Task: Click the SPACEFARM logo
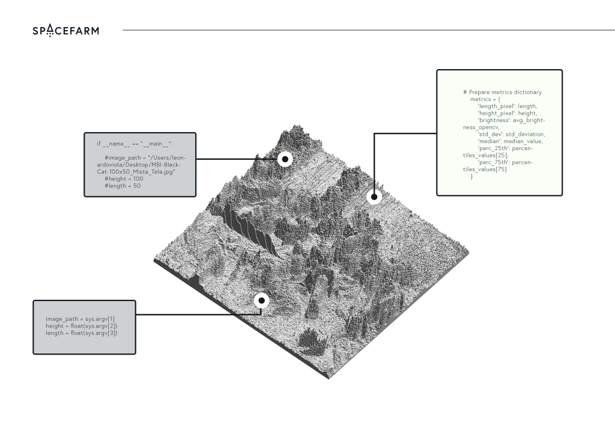pyautogui.click(x=66, y=30)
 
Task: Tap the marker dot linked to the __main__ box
pyautogui.click(x=285, y=159)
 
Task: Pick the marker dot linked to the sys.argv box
pyautogui.click(x=261, y=300)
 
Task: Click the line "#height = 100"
pyautogui.click(x=124, y=179)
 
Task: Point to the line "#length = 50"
pyautogui.click(x=123, y=186)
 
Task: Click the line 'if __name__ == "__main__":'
pyautogui.click(x=135, y=144)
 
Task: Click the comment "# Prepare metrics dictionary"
pyautogui.click(x=502, y=92)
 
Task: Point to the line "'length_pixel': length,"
pyautogui.click(x=507, y=106)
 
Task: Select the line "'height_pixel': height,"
pyautogui.click(x=507, y=113)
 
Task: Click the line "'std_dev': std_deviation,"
pyautogui.click(x=510, y=134)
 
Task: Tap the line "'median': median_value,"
pyautogui.click(x=510, y=141)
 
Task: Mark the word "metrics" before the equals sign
pyautogui.click(x=481, y=99)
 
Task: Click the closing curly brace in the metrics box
pyautogui.click(x=472, y=177)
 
